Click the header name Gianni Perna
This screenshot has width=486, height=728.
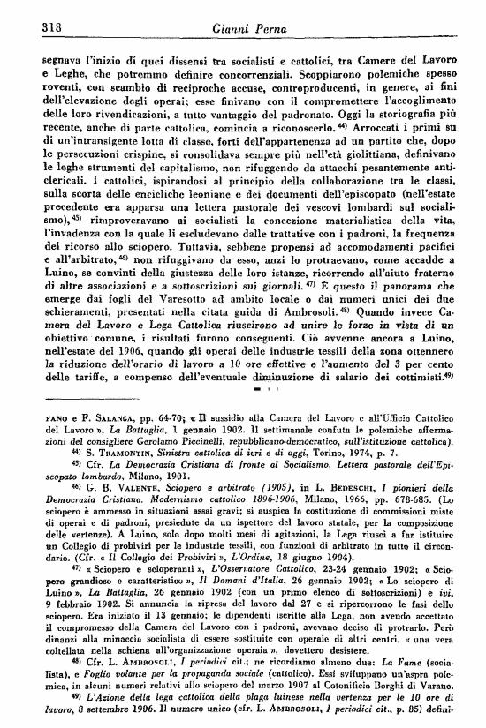click(x=242, y=28)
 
